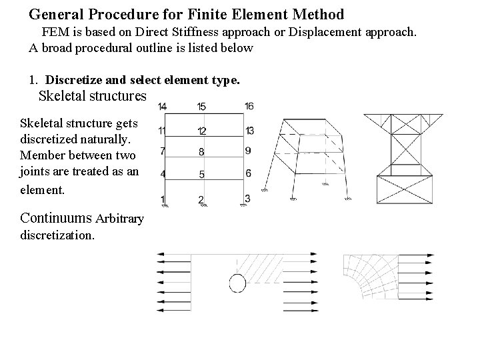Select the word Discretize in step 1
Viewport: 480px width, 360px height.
click(74, 81)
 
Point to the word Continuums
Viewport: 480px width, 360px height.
click(57, 218)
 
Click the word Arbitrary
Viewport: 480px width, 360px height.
click(120, 219)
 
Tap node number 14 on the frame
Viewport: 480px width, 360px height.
click(163, 107)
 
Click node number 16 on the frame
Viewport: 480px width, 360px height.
click(249, 106)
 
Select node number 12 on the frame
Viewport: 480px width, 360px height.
click(202, 131)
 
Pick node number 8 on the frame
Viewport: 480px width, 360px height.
click(202, 152)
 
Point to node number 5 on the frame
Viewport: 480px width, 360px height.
click(202, 175)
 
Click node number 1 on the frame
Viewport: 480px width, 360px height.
click(163, 199)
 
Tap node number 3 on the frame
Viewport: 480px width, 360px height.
click(247, 198)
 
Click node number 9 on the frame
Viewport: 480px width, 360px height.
click(248, 151)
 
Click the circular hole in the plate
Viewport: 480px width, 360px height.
click(237, 283)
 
